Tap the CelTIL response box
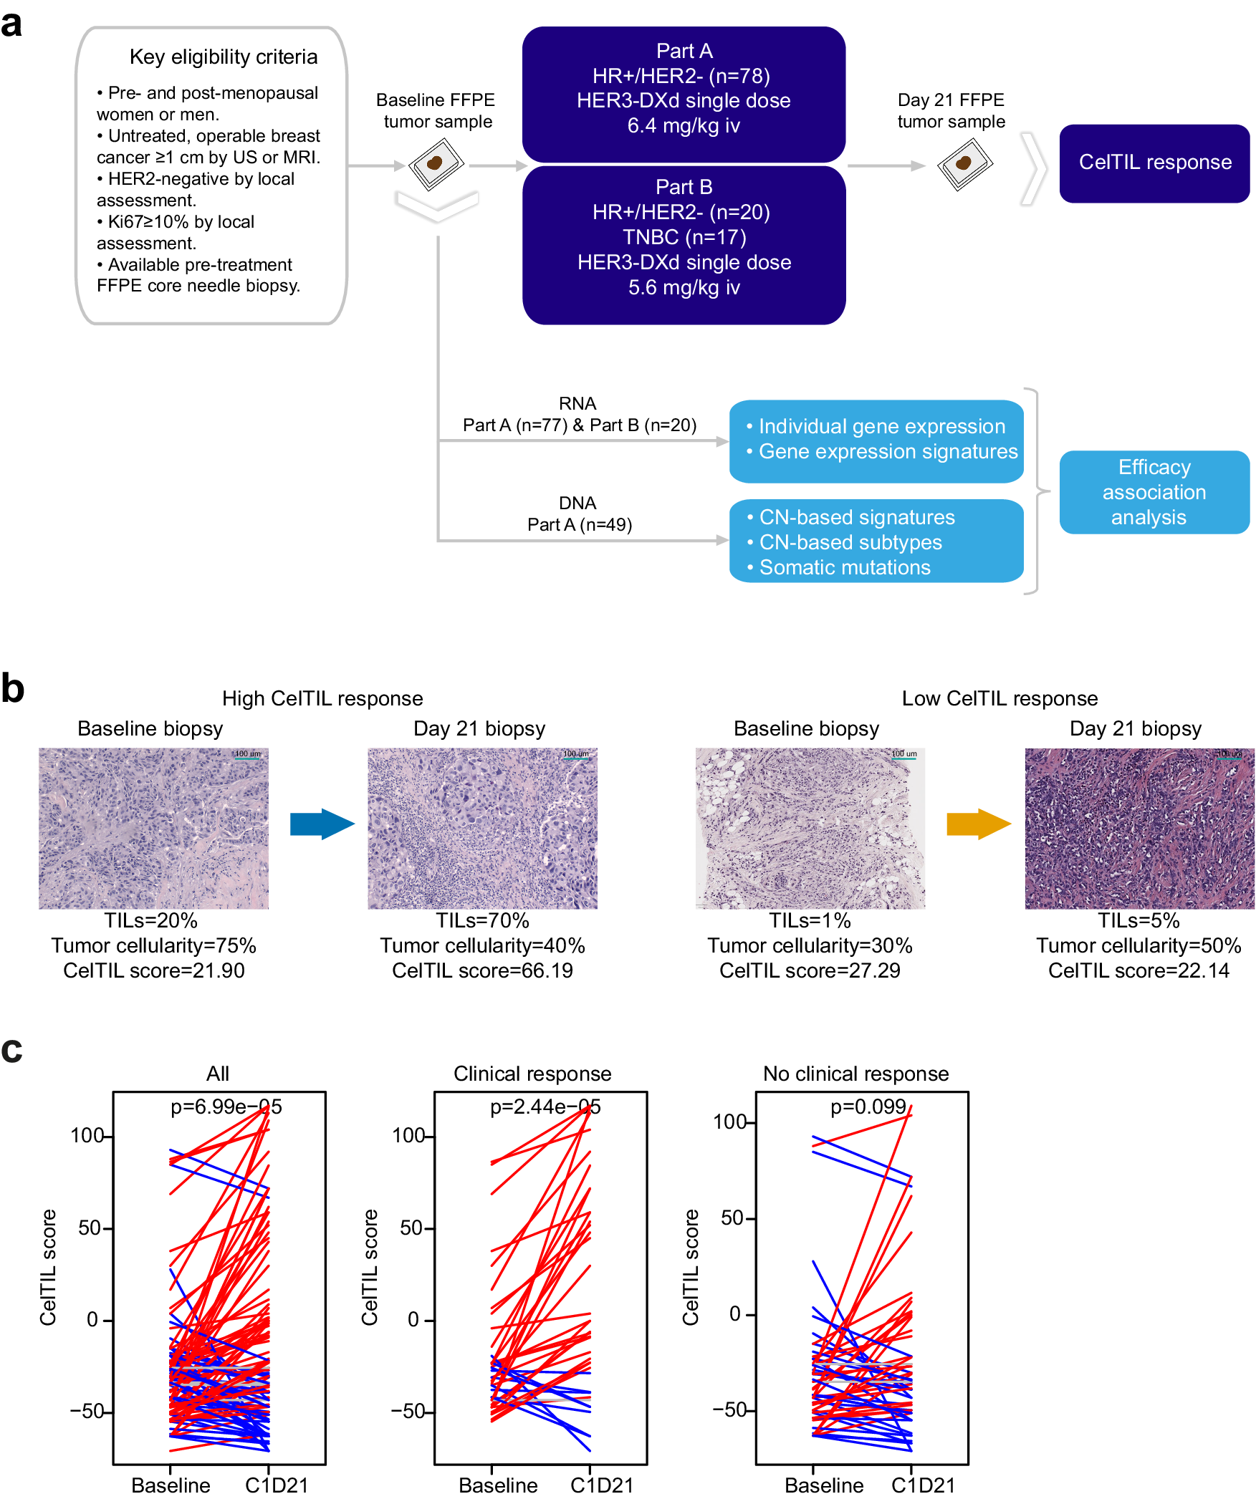point(1154,163)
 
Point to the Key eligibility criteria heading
point(224,57)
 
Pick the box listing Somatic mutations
point(876,541)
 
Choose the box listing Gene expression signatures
point(876,440)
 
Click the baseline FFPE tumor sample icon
point(436,164)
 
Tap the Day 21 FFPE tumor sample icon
point(964,164)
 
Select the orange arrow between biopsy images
point(978,824)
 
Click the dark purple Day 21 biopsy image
point(1139,829)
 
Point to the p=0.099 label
point(868,1107)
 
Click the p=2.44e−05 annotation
point(545,1107)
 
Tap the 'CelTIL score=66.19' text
point(482,971)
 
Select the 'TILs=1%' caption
point(810,921)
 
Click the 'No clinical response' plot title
point(855,1074)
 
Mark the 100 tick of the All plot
point(87,1136)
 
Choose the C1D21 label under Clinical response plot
point(602,1485)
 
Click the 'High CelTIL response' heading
point(322,698)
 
